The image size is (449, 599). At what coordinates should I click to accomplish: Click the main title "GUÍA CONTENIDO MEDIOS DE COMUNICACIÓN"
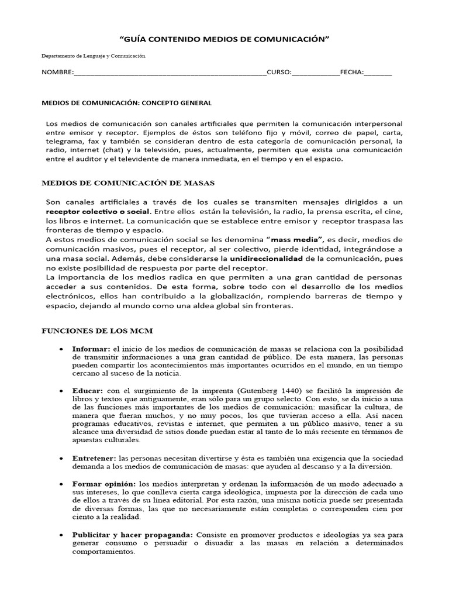point(224,39)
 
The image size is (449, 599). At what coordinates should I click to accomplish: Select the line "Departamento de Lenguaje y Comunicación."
point(94,56)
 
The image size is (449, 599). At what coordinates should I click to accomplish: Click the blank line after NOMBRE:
point(170,73)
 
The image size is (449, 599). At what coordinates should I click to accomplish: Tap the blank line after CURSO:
point(315,73)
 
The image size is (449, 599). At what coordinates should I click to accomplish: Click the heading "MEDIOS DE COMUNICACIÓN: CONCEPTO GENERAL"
point(126,103)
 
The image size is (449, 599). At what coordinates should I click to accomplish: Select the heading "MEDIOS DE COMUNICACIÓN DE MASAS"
point(128,183)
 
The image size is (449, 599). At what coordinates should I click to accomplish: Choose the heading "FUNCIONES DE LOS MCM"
point(96,331)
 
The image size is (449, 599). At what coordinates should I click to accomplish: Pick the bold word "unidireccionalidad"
point(266,258)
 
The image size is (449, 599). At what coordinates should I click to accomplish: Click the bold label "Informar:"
point(91,349)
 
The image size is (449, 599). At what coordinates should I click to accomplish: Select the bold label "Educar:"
point(88,390)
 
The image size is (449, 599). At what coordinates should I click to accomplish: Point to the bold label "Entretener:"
point(94,457)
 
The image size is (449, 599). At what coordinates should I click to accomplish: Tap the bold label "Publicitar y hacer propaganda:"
point(133,535)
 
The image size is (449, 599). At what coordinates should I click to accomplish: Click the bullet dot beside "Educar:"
point(62,390)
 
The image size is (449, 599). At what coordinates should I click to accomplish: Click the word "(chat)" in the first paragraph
point(110,150)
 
